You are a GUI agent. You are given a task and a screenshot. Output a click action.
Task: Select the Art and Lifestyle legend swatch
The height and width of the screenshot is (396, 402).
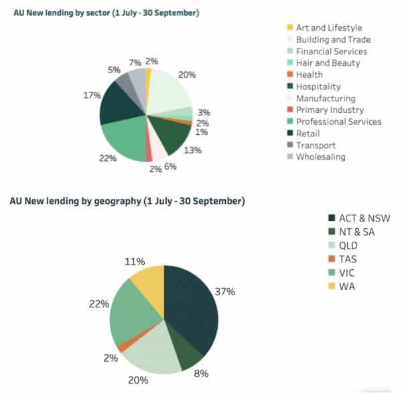[x=289, y=28]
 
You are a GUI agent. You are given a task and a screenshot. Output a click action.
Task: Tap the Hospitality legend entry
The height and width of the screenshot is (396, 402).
[x=318, y=87]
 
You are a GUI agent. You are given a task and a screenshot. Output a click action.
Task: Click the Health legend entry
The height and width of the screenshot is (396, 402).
[x=309, y=75]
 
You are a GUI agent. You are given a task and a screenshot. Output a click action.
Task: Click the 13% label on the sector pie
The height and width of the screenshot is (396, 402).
[x=192, y=150]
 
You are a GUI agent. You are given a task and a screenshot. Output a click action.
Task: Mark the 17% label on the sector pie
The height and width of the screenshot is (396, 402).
[x=92, y=95]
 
